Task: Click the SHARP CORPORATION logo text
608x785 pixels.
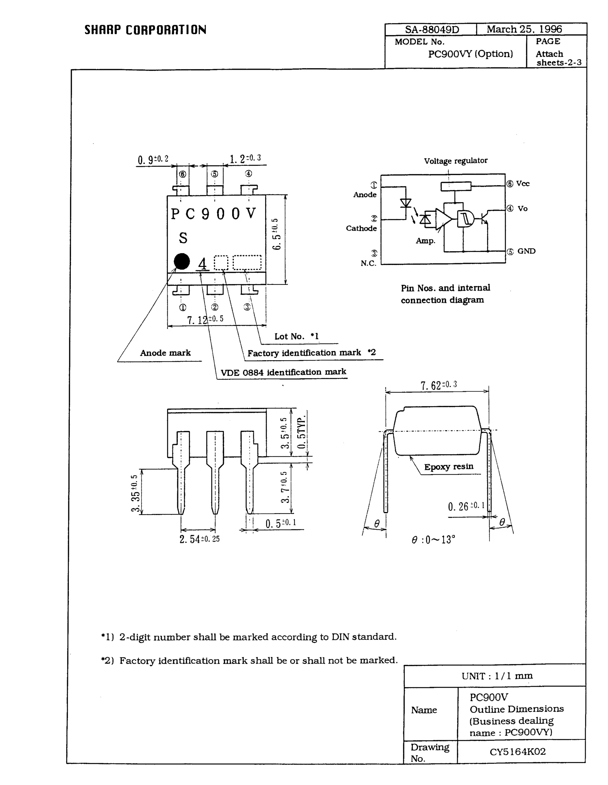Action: click(x=145, y=30)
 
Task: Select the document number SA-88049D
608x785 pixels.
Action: click(x=432, y=29)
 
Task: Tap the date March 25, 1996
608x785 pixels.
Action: click(x=524, y=29)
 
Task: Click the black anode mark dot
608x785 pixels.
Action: click(x=182, y=261)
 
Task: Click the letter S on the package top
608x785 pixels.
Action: click(x=183, y=238)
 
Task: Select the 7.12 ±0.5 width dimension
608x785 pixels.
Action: click(x=205, y=319)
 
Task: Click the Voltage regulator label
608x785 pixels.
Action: click(x=455, y=161)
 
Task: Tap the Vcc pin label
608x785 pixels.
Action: click(x=522, y=184)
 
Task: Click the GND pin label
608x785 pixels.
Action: click(x=526, y=251)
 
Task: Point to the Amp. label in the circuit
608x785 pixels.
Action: click(x=425, y=241)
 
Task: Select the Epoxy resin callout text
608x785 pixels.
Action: click(x=448, y=467)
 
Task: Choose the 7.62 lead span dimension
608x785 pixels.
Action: click(x=438, y=385)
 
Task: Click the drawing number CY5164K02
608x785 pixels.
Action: click(x=517, y=751)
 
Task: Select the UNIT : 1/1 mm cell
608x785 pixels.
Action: click(x=497, y=676)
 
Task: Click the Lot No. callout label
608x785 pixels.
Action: click(x=296, y=337)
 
